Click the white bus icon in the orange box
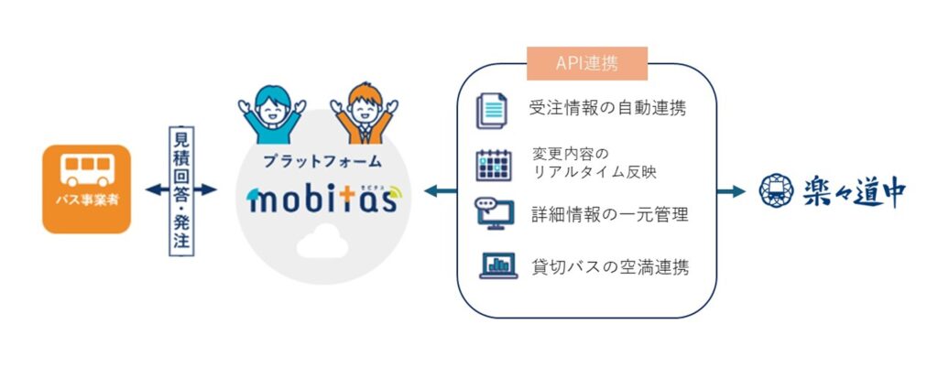(87, 170)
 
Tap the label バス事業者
(87, 200)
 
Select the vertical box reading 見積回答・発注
(181, 190)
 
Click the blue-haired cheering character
(272, 114)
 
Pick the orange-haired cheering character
(365, 113)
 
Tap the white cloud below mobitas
(322, 241)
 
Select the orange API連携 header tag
(587, 63)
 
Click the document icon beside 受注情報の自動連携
(491, 111)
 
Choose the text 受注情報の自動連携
(607, 109)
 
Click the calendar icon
(494, 165)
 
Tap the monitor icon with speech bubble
(495, 211)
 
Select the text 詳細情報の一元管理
(609, 214)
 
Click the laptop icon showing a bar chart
(498, 265)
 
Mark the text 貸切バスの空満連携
(609, 266)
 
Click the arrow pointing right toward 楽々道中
(731, 191)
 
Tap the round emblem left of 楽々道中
(776, 190)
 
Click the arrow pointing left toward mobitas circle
(441, 191)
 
